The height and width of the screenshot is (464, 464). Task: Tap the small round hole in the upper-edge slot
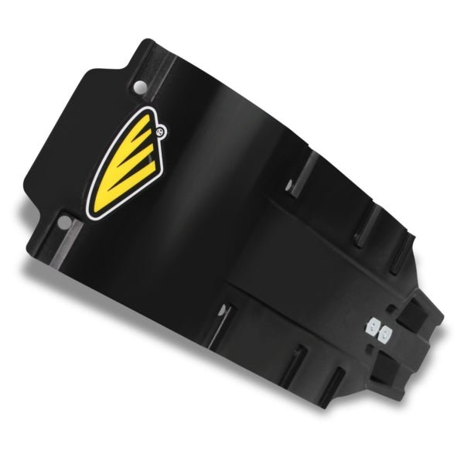289,185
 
